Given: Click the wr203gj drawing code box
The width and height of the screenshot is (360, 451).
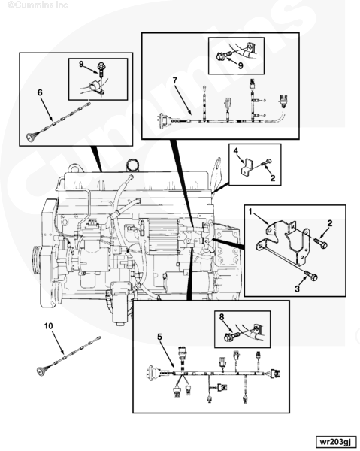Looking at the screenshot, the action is click(336, 441).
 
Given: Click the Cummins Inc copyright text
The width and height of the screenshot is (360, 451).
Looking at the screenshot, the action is click(38, 5).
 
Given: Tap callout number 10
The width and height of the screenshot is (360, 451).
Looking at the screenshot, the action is click(48, 326).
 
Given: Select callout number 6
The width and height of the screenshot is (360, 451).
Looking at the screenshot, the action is click(40, 92).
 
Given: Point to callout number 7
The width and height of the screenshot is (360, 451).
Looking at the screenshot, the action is click(175, 80).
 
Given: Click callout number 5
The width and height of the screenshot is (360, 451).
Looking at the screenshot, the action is click(159, 337).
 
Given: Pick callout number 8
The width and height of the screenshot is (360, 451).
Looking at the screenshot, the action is click(222, 316).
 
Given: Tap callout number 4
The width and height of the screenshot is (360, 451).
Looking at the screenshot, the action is click(236, 150).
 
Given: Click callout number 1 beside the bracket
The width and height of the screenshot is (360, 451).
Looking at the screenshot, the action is click(250, 212).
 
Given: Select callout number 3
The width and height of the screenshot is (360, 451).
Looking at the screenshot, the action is click(297, 289).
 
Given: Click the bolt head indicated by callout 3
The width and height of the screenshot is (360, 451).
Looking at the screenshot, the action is click(314, 277).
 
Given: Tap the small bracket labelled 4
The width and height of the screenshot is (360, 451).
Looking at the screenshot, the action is click(247, 167).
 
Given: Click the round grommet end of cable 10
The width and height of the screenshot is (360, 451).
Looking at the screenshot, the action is click(41, 371).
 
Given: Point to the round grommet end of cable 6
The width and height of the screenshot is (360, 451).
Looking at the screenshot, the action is click(30, 138).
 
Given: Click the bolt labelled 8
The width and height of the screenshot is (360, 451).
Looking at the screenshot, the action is click(231, 336).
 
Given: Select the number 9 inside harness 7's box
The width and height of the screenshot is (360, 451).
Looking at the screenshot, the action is click(241, 65).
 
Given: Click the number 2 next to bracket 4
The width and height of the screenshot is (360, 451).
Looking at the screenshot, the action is click(273, 178).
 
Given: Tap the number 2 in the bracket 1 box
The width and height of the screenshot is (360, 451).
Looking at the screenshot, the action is click(330, 223).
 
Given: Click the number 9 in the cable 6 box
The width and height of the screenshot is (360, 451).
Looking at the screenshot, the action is click(81, 64).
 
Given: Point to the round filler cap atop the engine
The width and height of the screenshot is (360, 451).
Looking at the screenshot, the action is click(133, 165).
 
